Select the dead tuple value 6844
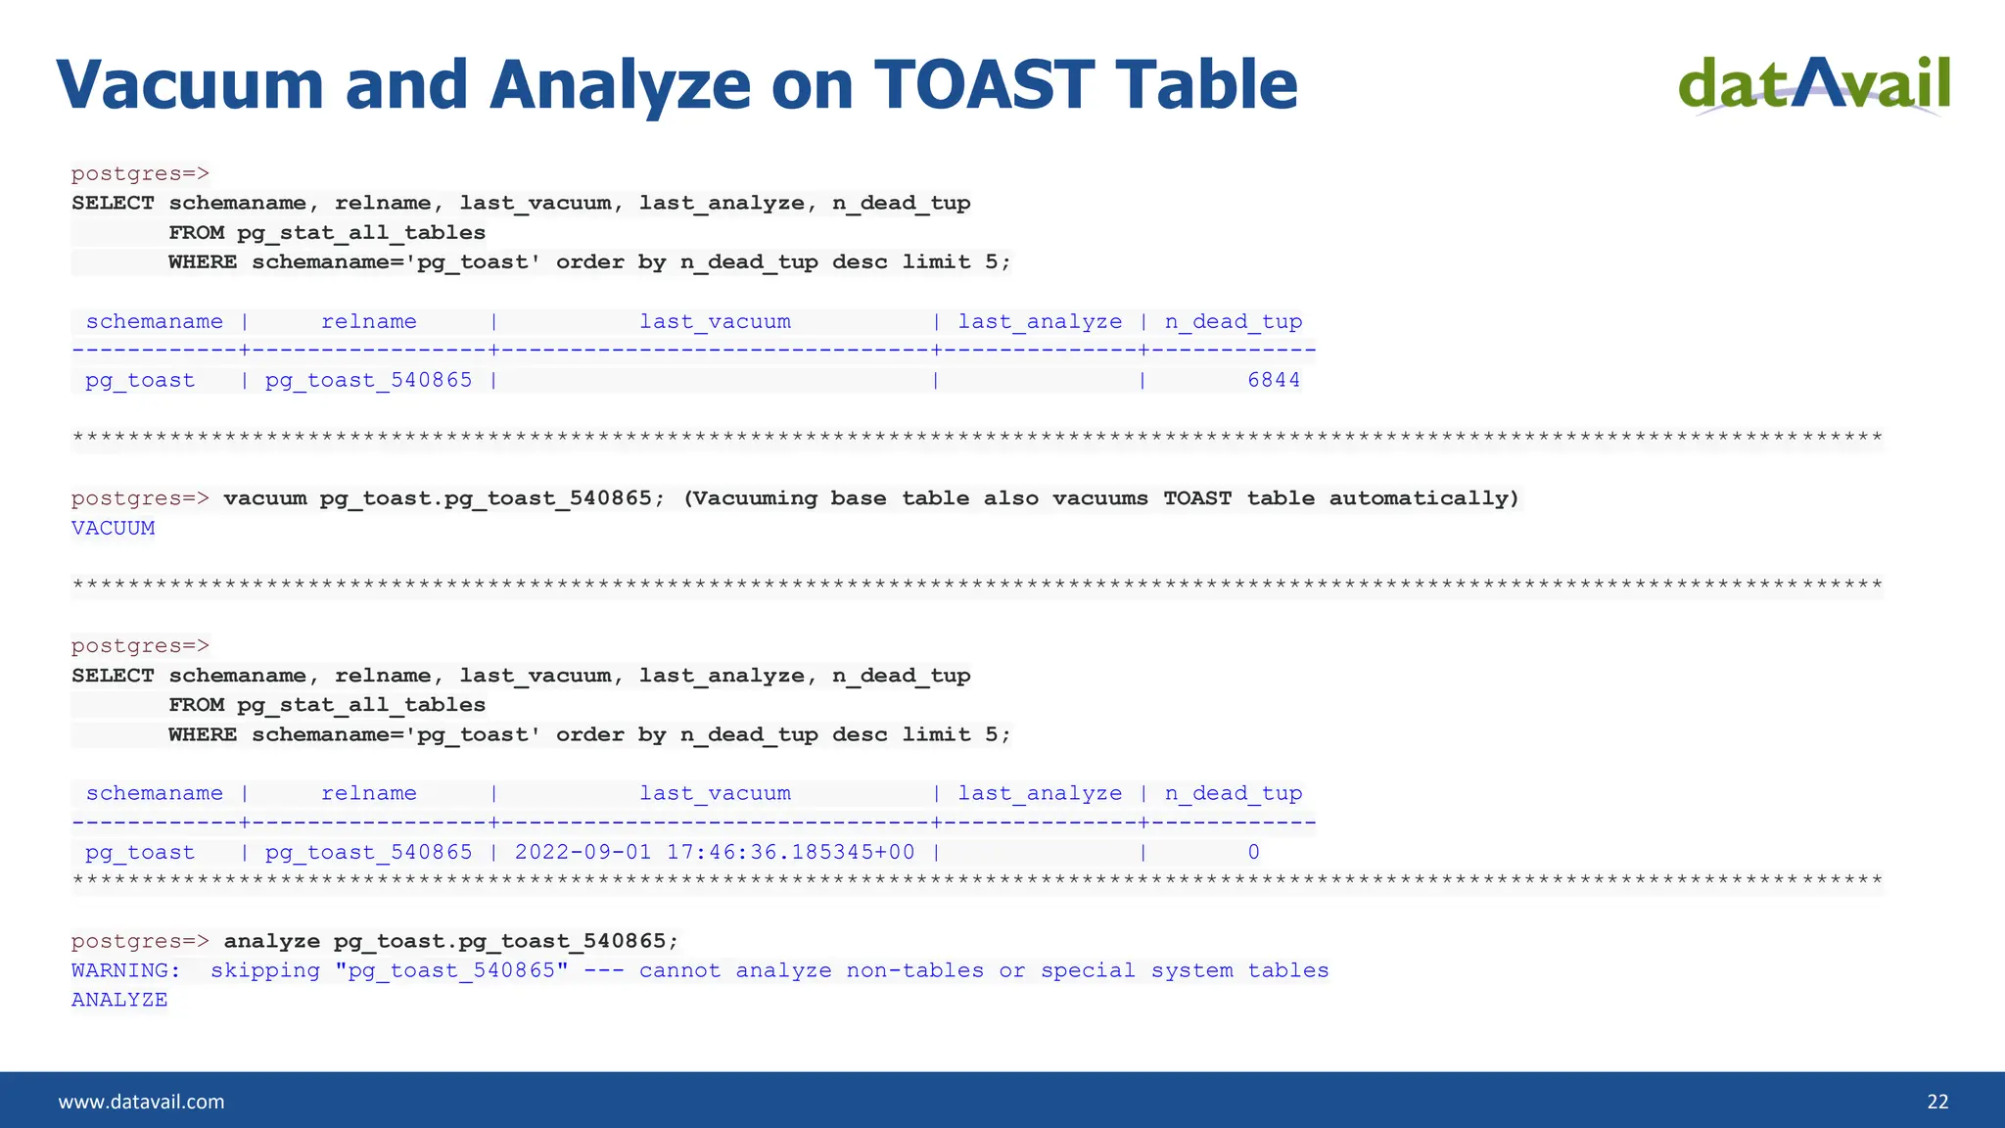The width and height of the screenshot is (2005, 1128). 1274,380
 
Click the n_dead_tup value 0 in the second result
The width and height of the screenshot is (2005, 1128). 1253,852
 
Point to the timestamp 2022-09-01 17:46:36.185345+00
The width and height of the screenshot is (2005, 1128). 715,852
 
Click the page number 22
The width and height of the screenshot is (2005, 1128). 1937,1102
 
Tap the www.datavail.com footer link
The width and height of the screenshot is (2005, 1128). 141,1102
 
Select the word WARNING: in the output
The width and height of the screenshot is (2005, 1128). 126,970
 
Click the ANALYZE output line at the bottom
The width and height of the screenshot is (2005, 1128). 119,1000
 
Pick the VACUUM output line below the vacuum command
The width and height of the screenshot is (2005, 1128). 113,528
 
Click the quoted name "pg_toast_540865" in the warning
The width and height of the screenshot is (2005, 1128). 458,970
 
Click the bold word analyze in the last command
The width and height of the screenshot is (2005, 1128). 271,941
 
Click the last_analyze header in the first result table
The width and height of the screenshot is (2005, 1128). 1040,321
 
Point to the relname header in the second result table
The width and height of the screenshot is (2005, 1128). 369,793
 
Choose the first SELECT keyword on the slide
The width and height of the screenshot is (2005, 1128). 113,203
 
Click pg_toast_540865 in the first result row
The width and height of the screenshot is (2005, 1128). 369,380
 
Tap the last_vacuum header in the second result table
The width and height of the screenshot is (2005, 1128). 715,793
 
